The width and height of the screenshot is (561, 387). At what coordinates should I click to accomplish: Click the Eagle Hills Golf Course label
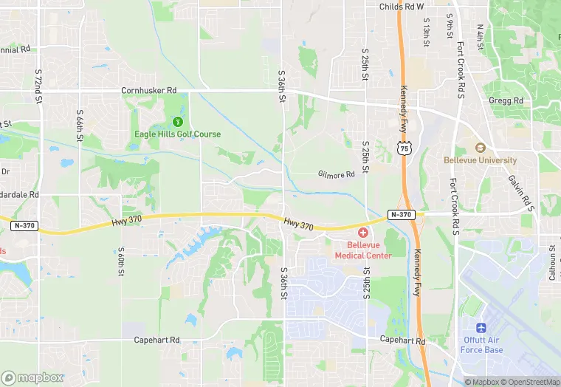[177, 134]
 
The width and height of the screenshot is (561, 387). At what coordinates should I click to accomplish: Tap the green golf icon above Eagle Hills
[177, 122]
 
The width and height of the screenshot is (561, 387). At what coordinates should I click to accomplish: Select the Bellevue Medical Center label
[363, 250]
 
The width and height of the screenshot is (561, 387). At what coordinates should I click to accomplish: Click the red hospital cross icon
[363, 233]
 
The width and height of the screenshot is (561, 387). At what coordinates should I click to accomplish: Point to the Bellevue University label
[480, 160]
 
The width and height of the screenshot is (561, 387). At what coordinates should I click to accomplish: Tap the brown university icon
[480, 148]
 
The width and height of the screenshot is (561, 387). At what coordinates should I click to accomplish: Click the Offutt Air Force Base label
[483, 345]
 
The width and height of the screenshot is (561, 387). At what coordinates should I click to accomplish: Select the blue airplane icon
[483, 327]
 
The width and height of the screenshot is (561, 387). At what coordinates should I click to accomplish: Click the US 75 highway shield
[403, 148]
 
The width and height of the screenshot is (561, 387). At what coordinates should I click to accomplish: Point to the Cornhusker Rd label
[150, 91]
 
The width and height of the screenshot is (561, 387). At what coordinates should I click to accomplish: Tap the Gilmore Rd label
[337, 174]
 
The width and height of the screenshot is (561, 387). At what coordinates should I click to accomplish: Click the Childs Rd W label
[402, 7]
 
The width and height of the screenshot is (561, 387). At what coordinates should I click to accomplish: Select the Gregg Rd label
[506, 100]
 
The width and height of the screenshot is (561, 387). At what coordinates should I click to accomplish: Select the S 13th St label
[427, 35]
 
